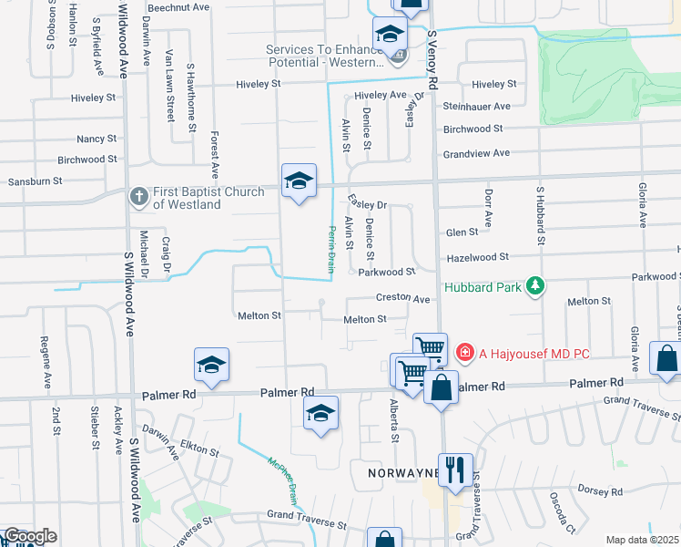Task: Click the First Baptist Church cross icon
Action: (x=138, y=196)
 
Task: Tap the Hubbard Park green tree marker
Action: (x=535, y=287)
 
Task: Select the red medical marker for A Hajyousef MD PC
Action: (x=464, y=352)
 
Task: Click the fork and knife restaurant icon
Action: (x=455, y=470)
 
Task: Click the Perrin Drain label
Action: (x=330, y=246)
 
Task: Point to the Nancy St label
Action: (x=97, y=139)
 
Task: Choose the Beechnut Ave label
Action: (x=178, y=6)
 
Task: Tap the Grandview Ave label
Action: (x=476, y=153)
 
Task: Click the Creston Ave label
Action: (x=402, y=299)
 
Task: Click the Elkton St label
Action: (x=199, y=451)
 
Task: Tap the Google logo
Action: (x=29, y=536)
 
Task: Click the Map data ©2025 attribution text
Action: (x=642, y=540)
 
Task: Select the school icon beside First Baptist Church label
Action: (x=299, y=183)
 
